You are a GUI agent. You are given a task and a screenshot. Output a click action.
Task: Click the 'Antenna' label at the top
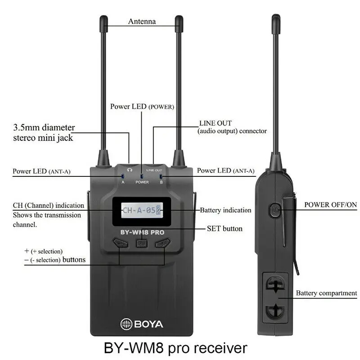pyautogui.click(x=142, y=21)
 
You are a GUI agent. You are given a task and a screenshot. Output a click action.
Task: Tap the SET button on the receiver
pyautogui.click(x=141, y=243)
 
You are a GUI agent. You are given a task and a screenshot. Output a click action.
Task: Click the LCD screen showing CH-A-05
pyautogui.click(x=142, y=210)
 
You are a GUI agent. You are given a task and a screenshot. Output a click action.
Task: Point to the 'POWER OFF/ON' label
pyautogui.click(x=331, y=204)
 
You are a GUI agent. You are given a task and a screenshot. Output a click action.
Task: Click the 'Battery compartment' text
pyautogui.click(x=326, y=293)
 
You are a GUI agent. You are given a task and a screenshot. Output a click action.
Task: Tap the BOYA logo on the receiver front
pyautogui.click(x=142, y=324)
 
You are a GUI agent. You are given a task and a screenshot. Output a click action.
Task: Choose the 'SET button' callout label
pyautogui.click(x=225, y=229)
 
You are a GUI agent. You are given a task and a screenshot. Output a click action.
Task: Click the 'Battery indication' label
pyautogui.click(x=225, y=210)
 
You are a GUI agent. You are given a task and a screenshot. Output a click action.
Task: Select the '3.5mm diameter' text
pyautogui.click(x=44, y=127)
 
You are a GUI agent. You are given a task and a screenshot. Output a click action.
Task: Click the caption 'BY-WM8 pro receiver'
pyautogui.click(x=175, y=348)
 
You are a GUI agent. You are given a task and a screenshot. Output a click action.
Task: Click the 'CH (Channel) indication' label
pyautogui.click(x=48, y=206)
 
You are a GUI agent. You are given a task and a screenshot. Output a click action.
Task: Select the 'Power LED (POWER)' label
pyautogui.click(x=142, y=107)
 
